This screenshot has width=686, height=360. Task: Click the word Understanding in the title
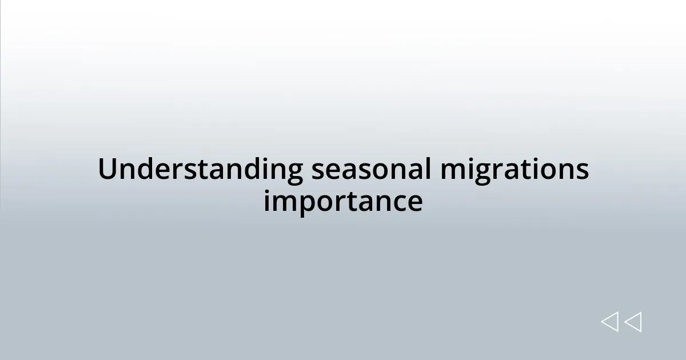[201, 170]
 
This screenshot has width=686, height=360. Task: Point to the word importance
[343, 202]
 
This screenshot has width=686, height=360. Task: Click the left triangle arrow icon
[609, 322]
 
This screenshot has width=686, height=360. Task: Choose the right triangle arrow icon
[633, 322]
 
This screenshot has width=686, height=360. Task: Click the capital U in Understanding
[106, 169]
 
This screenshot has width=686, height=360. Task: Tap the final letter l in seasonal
[428, 169]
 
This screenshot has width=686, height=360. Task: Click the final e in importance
[416, 203]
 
